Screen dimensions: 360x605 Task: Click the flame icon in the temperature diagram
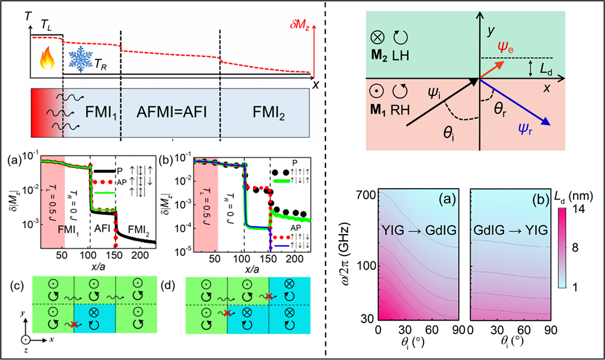pyautogui.click(x=47, y=60)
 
